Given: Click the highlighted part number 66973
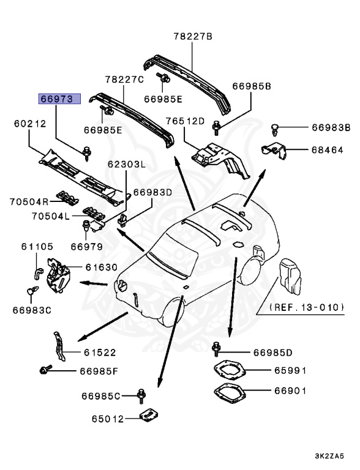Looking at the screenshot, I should tap(56, 97).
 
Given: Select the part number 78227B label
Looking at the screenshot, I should tap(191, 37).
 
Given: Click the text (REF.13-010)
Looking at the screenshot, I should tap(306, 307).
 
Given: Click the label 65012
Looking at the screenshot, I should tap(108, 419).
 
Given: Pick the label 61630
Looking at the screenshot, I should tap(101, 267).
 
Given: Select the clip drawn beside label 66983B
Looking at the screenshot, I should tap(275, 129).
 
